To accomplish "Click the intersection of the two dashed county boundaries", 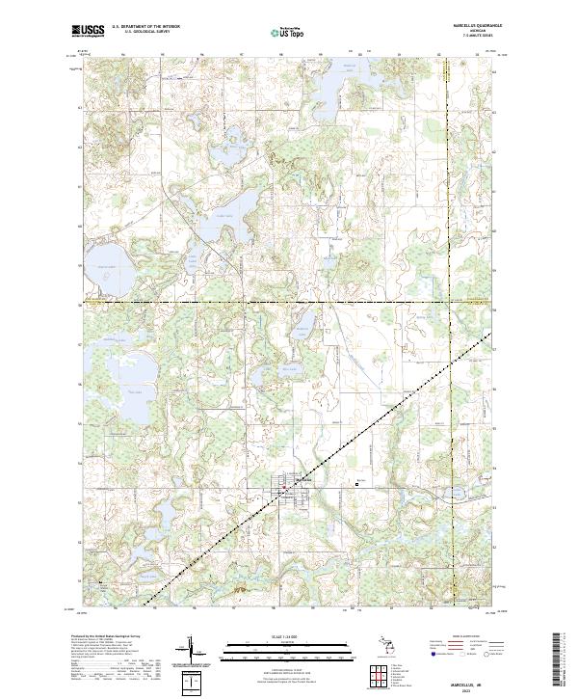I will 450,304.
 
